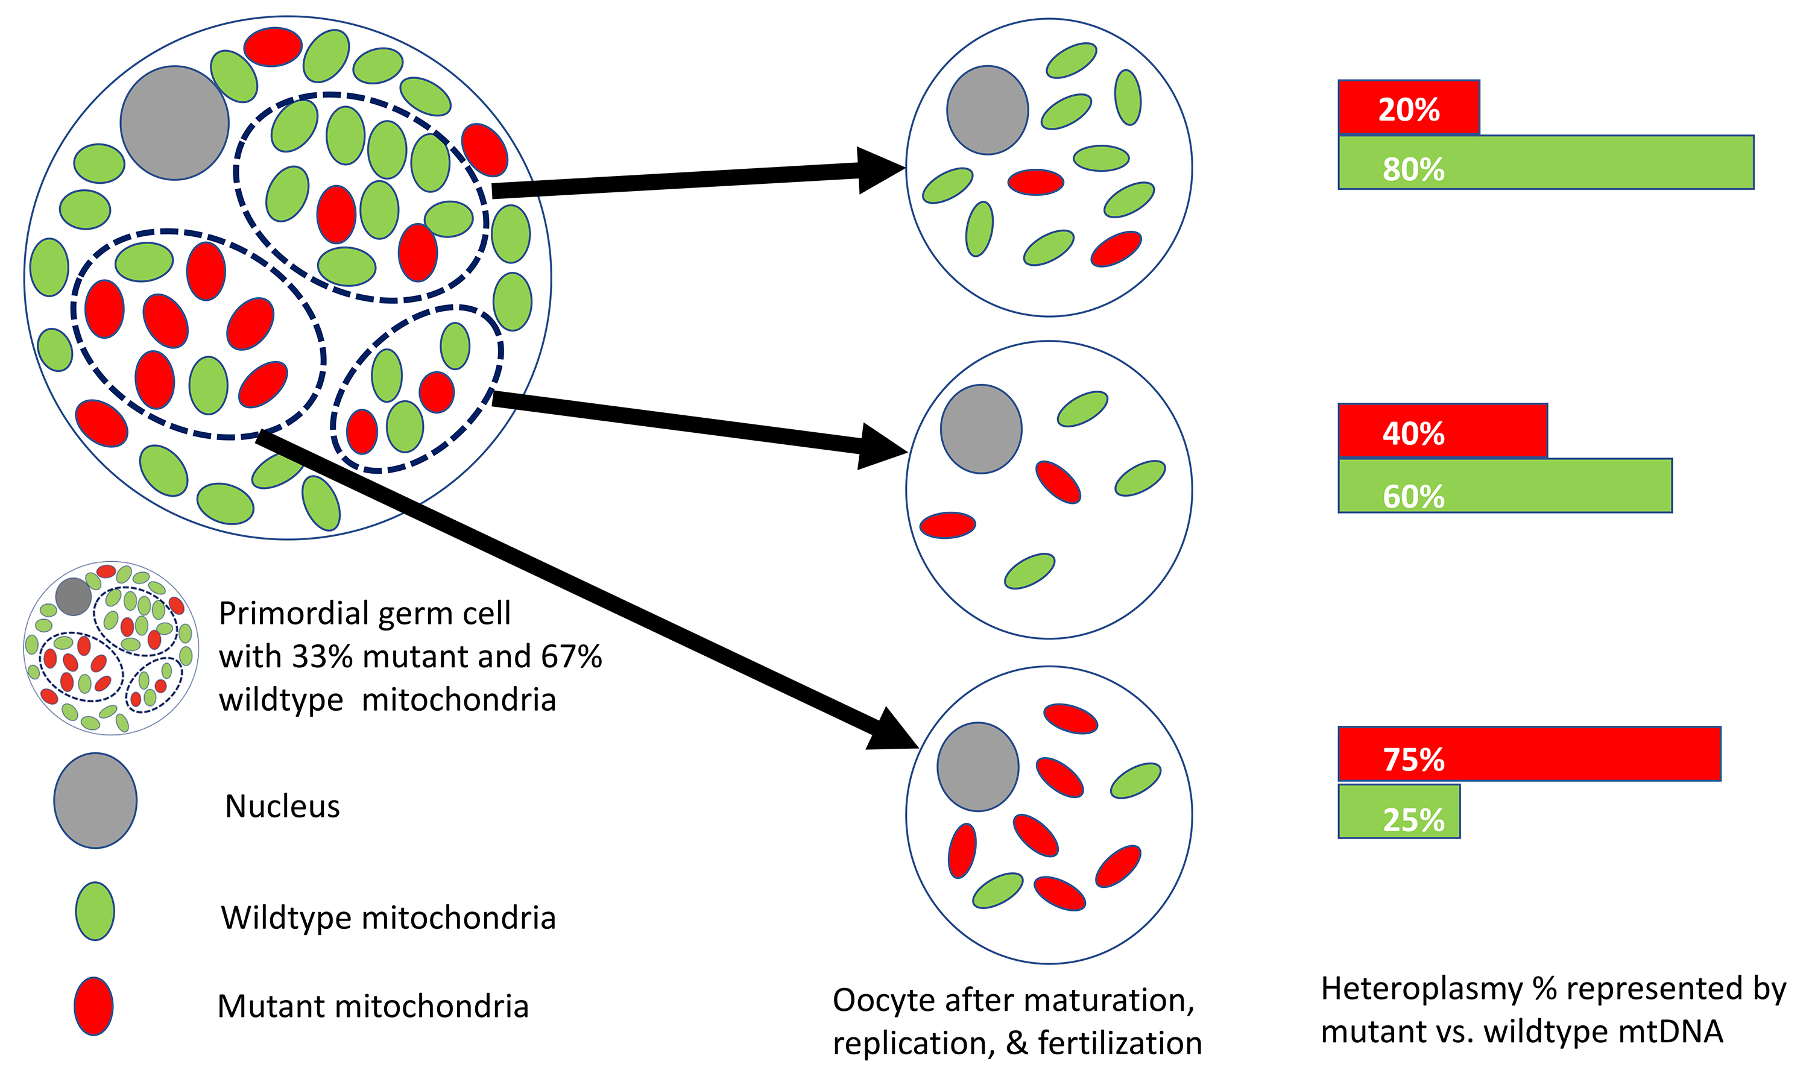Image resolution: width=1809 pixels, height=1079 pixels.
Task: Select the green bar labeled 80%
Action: tap(1545, 162)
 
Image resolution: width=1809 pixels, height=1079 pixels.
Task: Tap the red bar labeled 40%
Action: tap(1442, 430)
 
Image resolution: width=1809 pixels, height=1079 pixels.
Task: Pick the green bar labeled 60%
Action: tap(1504, 486)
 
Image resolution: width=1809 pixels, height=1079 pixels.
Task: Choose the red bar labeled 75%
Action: tap(1529, 754)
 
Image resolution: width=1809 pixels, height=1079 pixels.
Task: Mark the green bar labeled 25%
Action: tap(1399, 811)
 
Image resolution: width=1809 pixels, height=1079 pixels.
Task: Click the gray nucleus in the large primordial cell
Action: tap(175, 123)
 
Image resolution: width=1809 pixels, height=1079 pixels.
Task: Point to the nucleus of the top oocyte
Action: tap(987, 110)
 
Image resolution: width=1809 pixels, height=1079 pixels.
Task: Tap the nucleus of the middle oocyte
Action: tap(980, 429)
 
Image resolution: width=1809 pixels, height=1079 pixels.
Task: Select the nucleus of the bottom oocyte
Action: tap(977, 767)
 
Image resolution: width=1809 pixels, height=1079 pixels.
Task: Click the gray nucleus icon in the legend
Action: tap(95, 801)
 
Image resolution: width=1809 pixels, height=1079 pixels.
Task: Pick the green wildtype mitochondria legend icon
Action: tap(95, 911)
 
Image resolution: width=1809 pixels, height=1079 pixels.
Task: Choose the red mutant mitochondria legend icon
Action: tap(94, 1005)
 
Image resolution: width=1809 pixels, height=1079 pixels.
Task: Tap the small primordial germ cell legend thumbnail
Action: tap(110, 647)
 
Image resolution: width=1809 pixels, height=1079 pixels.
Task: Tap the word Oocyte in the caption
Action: tap(882, 1001)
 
